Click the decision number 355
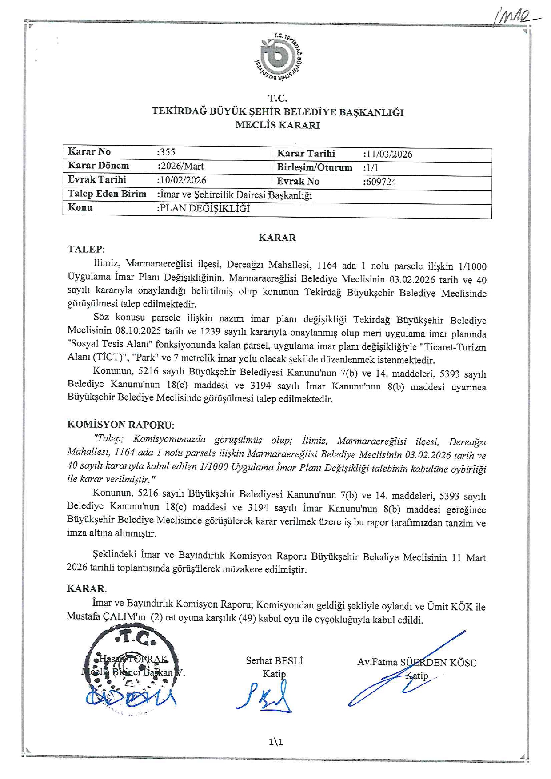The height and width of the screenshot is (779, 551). click(x=167, y=152)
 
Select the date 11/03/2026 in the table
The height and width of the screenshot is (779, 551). click(x=388, y=154)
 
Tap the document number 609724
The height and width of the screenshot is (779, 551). click(x=380, y=182)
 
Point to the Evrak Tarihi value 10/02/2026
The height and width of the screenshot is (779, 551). click(x=182, y=180)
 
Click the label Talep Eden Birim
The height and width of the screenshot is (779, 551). click(x=107, y=194)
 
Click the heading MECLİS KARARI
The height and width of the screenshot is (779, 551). click(x=277, y=125)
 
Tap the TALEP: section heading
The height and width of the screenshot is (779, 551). click(x=86, y=249)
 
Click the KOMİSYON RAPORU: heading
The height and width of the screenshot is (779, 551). click(x=120, y=425)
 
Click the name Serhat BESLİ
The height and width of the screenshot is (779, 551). click(x=274, y=660)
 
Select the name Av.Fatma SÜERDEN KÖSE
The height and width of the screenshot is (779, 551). click(x=416, y=663)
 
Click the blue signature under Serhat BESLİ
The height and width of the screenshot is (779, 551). click(x=265, y=698)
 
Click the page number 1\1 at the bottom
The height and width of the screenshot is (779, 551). click(x=275, y=742)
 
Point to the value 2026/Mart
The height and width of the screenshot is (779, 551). click(x=181, y=166)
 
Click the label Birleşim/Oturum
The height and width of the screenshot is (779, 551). click(x=315, y=167)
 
